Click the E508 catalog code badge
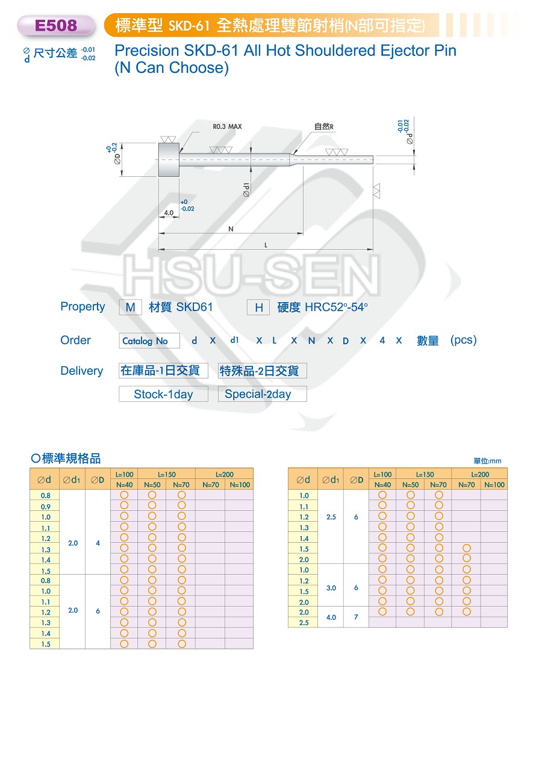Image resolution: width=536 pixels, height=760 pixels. point(55,25)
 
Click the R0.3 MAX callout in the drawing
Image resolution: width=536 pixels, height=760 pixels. point(227,126)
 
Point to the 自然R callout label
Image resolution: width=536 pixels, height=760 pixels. point(323,126)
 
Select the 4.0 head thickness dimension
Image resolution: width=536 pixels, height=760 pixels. point(169,213)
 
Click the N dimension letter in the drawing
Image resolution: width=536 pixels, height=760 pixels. point(231,229)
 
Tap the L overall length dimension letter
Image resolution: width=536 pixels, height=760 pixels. point(266,245)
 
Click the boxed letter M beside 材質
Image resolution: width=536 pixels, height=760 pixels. point(131,307)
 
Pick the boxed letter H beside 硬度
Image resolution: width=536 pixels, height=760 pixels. point(258,307)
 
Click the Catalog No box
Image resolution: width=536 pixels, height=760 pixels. point(149,341)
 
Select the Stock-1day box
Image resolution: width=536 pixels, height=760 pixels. point(163,394)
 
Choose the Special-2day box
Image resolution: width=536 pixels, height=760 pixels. point(263,394)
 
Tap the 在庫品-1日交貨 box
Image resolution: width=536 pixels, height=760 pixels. point(163,371)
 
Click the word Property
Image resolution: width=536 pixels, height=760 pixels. point(83,307)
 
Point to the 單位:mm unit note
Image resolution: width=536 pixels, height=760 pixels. point(487,461)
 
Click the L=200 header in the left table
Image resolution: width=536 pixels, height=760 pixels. point(225,474)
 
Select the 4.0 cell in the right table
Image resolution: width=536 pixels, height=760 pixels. point(331,617)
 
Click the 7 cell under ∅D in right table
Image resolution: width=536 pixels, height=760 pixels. point(356,617)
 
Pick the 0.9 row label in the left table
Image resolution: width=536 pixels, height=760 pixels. point(46,507)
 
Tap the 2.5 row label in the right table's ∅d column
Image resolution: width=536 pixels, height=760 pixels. point(304,623)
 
